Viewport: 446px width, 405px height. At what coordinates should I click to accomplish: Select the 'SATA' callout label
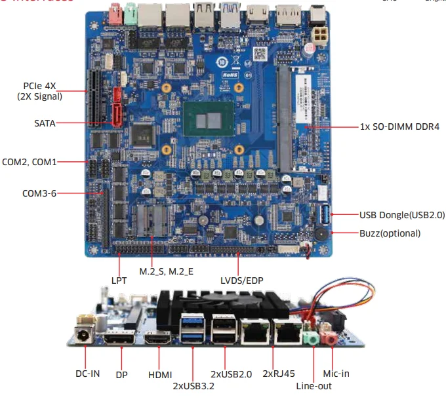pyautogui.click(x=45, y=123)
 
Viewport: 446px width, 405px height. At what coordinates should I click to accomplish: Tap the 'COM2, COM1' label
pyautogui.click(x=30, y=161)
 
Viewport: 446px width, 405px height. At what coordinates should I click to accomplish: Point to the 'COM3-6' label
pyautogui.click(x=39, y=193)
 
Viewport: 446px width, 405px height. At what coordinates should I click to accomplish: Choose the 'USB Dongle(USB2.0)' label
pyautogui.click(x=401, y=215)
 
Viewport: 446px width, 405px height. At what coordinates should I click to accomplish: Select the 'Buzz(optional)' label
pyautogui.click(x=390, y=233)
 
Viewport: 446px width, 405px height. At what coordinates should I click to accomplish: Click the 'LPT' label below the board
pyautogui.click(x=119, y=280)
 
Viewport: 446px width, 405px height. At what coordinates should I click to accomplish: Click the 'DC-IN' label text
pyautogui.click(x=87, y=374)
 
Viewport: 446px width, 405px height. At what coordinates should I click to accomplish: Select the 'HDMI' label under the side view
pyautogui.click(x=159, y=375)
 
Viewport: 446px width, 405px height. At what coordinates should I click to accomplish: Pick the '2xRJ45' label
pyautogui.click(x=276, y=374)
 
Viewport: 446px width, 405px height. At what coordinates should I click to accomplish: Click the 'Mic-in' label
pyautogui.click(x=336, y=374)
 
